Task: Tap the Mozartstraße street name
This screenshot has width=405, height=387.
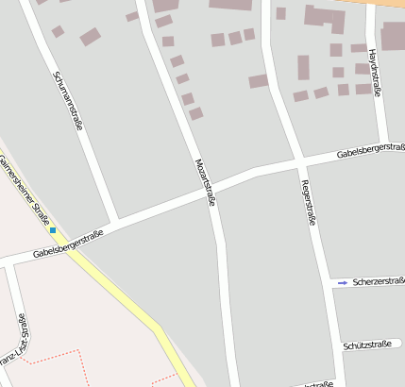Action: click(x=205, y=180)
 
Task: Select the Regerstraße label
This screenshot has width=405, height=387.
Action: click(x=307, y=203)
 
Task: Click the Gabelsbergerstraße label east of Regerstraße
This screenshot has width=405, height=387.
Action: click(x=371, y=150)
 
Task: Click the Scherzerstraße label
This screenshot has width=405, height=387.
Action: click(x=378, y=281)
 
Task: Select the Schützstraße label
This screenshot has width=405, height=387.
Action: click(x=368, y=345)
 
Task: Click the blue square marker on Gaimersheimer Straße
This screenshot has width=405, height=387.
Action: click(x=53, y=230)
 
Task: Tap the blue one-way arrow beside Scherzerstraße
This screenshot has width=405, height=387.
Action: click(x=343, y=281)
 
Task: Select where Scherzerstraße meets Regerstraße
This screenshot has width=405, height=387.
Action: click(x=325, y=281)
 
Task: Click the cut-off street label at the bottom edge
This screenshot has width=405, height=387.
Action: click(x=316, y=384)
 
